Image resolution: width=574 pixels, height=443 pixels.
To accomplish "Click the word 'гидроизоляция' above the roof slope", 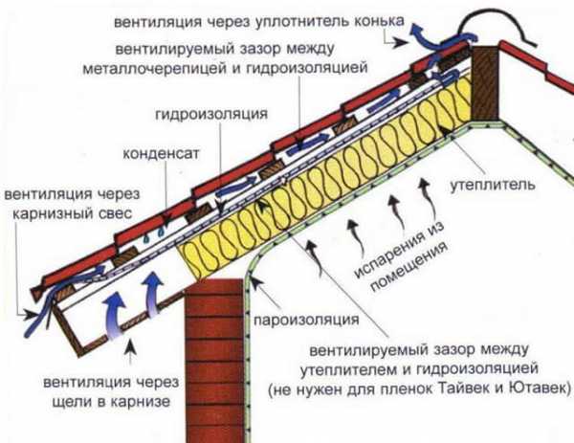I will tap(210, 114).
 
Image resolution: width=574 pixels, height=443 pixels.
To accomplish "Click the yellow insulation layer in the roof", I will tap(325, 172).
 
